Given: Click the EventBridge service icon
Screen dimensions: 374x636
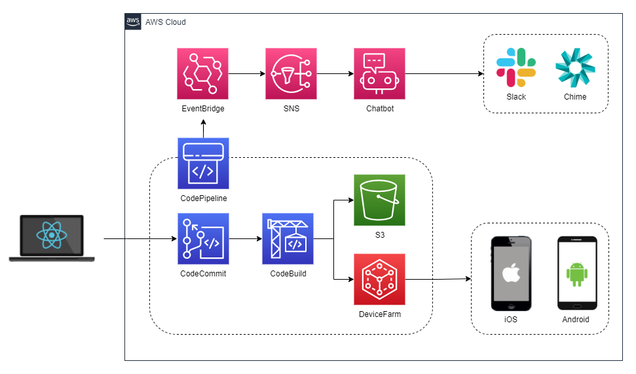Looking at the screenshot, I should coord(202,73).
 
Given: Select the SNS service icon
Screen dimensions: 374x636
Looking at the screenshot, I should coord(291,73).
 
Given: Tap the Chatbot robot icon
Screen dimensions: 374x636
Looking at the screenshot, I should coord(379,73).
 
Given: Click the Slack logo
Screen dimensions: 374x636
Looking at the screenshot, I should coord(515,67).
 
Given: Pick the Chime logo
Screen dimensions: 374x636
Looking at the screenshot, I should coord(574,67).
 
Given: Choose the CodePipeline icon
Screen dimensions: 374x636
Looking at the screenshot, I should coord(203,163).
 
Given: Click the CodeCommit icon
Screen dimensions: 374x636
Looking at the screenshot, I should coord(203,238).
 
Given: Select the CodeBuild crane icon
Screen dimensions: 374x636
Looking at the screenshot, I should coord(288,238).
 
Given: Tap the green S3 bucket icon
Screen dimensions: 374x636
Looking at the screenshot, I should coord(379,200).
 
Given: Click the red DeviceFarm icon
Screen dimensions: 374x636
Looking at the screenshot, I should coord(379,279).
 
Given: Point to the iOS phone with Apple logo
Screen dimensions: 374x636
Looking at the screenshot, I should coord(511,273).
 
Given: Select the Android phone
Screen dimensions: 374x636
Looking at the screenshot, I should coord(576,273).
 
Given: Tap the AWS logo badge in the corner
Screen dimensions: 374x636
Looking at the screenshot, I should coord(133,22).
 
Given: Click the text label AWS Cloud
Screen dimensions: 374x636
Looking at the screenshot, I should coord(166,22).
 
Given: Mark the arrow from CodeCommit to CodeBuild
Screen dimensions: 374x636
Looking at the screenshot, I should coord(245,239).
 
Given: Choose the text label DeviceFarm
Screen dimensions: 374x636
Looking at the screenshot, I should coord(379,314).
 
